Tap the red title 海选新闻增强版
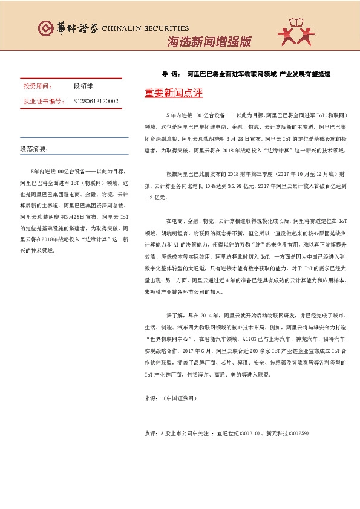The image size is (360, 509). pos(209,42)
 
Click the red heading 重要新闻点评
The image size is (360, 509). pos(174,94)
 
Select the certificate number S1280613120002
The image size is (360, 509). pos(96,101)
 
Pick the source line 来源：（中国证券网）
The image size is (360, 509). pos(171,398)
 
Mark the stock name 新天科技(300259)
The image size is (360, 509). pos(287,433)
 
